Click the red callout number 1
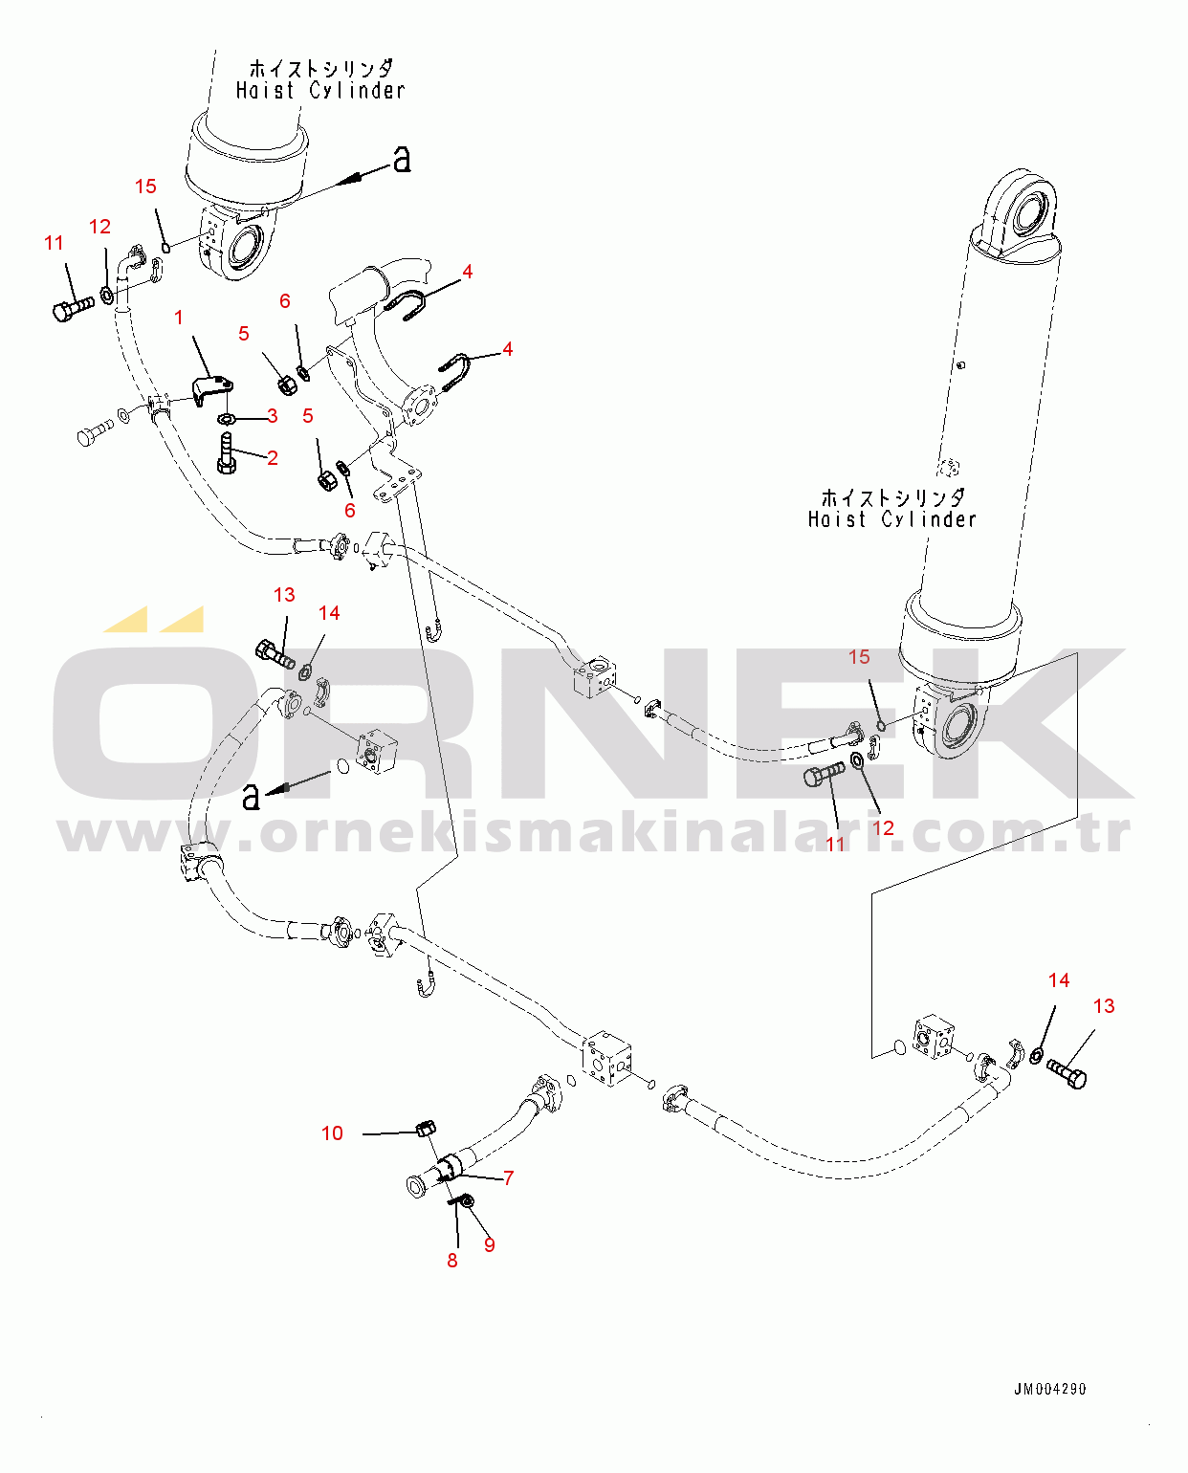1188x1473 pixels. coord(179,318)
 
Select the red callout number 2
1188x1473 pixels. coord(273,458)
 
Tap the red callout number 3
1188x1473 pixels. coord(273,416)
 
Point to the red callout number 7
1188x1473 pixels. coord(509,1178)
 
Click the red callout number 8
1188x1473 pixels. coord(452,1261)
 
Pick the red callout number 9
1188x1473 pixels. coord(490,1244)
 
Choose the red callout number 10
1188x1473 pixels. coord(332,1133)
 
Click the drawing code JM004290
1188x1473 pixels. coord(1050,1389)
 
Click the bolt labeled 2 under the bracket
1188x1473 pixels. coord(226,451)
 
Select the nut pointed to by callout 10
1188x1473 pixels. coord(427,1129)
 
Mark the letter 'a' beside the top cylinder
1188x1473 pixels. coord(402,159)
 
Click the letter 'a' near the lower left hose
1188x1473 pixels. coord(252,796)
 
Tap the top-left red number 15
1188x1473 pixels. coord(145,187)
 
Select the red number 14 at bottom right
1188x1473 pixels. coord(1059,980)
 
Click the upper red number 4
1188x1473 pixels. coord(468,273)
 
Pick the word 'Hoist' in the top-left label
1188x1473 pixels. coord(265,91)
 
